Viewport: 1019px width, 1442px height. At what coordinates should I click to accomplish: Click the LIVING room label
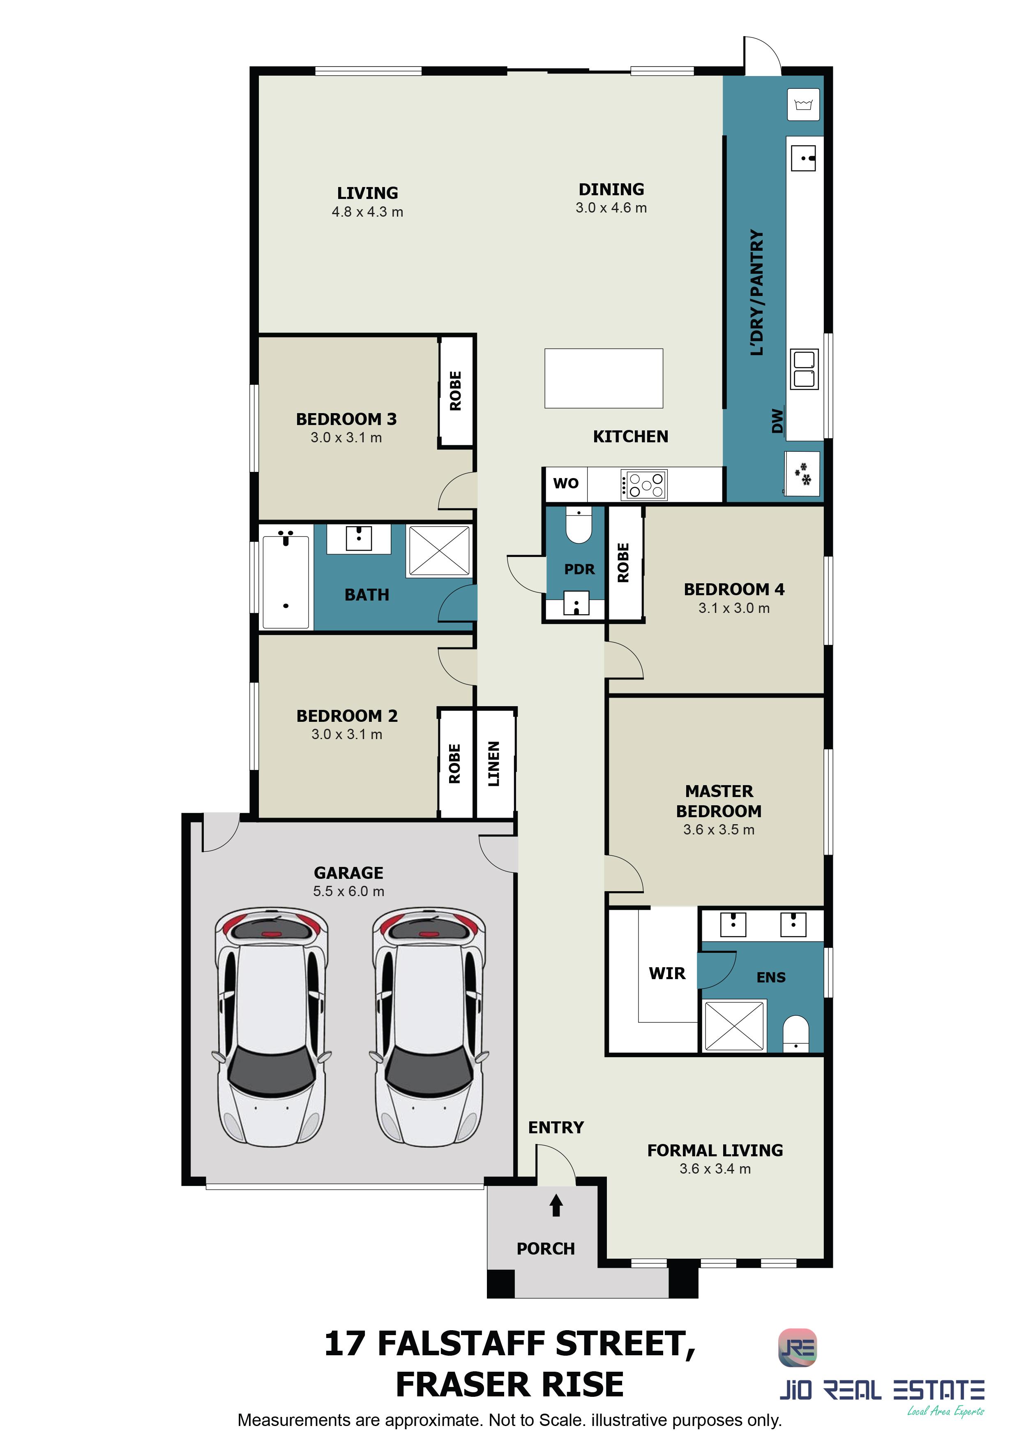367,193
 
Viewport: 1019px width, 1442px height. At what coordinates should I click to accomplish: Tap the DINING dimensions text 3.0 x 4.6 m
611,208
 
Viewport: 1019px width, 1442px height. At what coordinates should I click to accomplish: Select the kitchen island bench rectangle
603,378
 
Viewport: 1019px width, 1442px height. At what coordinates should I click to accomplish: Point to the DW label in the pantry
777,421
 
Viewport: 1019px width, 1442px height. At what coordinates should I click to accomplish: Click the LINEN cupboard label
494,764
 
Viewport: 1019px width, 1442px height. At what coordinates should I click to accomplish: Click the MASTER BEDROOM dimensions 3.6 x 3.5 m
719,830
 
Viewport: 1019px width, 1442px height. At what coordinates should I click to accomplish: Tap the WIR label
667,973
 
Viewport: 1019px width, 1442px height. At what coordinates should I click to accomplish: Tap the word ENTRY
556,1128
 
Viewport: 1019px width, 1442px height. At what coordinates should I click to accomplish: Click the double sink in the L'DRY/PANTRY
804,369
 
